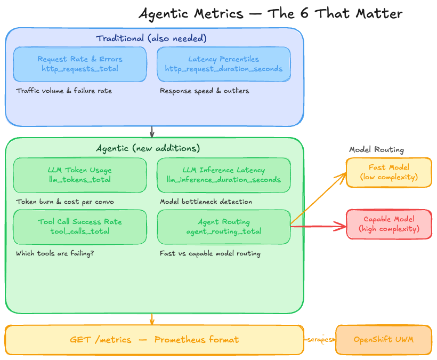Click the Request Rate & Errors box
click(x=80, y=64)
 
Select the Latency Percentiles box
click(x=224, y=64)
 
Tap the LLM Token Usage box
click(x=80, y=175)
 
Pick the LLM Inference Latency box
click(x=224, y=175)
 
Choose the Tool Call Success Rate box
click(x=80, y=227)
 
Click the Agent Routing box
click(x=224, y=227)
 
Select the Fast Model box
click(x=389, y=172)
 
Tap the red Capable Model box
click(x=389, y=224)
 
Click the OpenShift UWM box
click(x=383, y=340)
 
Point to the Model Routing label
click(x=376, y=150)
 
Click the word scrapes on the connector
click(x=320, y=340)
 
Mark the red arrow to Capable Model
click(x=320, y=227)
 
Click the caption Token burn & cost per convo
click(x=65, y=202)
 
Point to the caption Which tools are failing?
click(x=55, y=253)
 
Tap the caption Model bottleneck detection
click(x=206, y=202)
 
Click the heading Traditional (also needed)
click(x=151, y=38)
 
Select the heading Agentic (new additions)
click(x=148, y=148)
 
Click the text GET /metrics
click(x=101, y=340)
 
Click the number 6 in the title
click(x=303, y=13)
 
